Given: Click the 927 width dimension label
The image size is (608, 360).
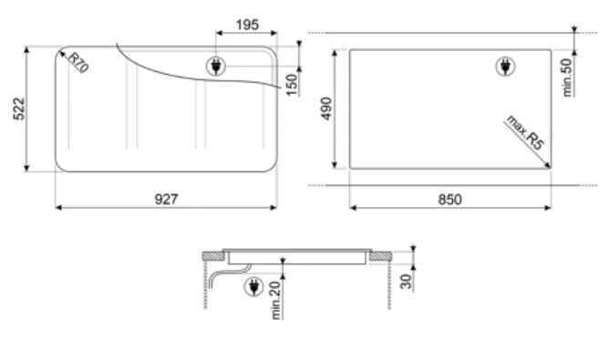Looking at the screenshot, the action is (166, 200).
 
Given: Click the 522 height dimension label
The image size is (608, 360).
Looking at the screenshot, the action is (19, 108).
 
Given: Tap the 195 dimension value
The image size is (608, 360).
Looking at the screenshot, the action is (247, 25).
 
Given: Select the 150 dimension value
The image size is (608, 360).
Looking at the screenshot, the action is (292, 85).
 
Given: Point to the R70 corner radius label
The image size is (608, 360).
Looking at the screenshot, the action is (78, 62).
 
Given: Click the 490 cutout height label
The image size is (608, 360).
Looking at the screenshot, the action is (326, 108).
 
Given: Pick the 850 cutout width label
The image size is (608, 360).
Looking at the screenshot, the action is (449, 200).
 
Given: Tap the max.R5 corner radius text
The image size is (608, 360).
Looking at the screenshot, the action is (525, 132).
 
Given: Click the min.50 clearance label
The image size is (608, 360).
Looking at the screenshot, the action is (567, 77).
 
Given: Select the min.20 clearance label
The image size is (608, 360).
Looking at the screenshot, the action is (275, 301).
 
